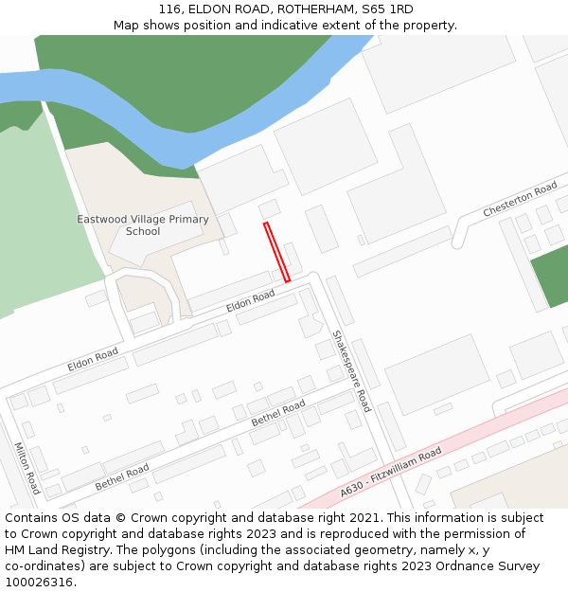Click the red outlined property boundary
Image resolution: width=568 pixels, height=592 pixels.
(x=276, y=252)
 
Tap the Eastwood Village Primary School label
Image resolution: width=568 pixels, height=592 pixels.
(x=143, y=225)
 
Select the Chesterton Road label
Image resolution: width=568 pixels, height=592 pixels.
(x=520, y=200)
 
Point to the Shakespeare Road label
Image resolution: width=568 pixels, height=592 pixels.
(x=351, y=370)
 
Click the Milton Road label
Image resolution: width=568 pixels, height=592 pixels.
(x=27, y=468)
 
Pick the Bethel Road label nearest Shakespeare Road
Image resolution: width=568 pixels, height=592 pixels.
(x=278, y=413)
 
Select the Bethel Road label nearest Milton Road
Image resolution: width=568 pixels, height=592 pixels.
(x=122, y=476)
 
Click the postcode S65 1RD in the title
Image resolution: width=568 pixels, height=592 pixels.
(x=387, y=9)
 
